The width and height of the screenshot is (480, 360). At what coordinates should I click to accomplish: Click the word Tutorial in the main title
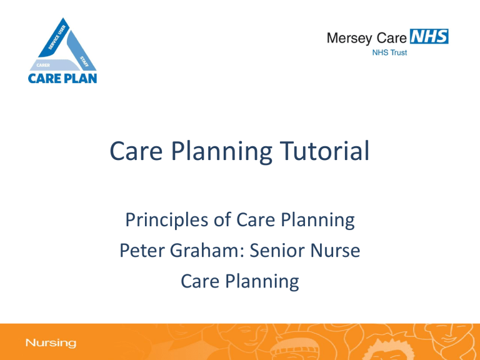[325, 151]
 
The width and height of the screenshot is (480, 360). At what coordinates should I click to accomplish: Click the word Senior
[277, 250]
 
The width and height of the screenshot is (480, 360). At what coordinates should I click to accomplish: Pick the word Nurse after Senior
[335, 250]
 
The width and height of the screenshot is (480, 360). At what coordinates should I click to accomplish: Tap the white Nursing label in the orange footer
[51, 343]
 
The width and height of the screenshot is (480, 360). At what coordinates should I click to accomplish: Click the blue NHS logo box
[429, 37]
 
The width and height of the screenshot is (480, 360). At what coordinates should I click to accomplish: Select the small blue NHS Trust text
[389, 52]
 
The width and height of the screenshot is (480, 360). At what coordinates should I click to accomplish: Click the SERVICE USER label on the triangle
[57, 37]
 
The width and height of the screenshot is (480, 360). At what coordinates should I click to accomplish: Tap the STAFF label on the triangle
[84, 61]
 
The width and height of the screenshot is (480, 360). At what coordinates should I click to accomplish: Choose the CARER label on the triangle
[43, 65]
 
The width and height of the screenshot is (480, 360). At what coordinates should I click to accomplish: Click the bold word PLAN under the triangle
[81, 78]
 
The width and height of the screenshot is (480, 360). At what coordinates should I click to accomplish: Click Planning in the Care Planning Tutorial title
[222, 152]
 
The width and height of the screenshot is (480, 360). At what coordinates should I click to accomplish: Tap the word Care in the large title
[136, 151]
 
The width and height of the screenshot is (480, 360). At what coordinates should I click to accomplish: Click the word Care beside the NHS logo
[391, 38]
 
